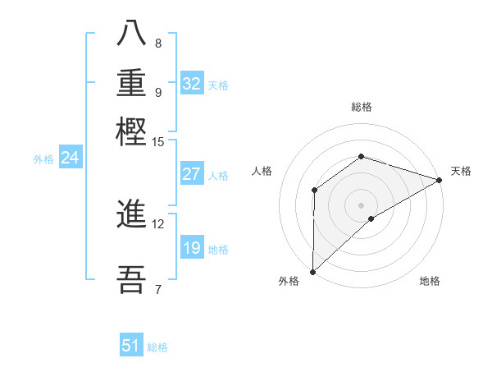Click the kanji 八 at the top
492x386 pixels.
(x=131, y=32)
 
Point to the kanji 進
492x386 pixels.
(x=131, y=215)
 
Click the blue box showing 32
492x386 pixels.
(x=192, y=84)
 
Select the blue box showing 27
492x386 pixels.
(x=191, y=174)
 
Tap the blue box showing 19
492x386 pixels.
(x=191, y=248)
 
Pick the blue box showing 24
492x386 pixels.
(x=70, y=159)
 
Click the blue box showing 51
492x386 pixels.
(x=131, y=346)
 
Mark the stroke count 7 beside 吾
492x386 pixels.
(x=157, y=288)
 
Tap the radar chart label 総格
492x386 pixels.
(x=361, y=107)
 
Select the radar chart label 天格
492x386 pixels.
(x=461, y=171)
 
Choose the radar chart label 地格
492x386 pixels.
(x=430, y=282)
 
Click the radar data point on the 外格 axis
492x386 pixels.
(x=312, y=272)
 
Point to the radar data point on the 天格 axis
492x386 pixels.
(x=439, y=180)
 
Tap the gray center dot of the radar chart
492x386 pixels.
(x=361, y=204)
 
